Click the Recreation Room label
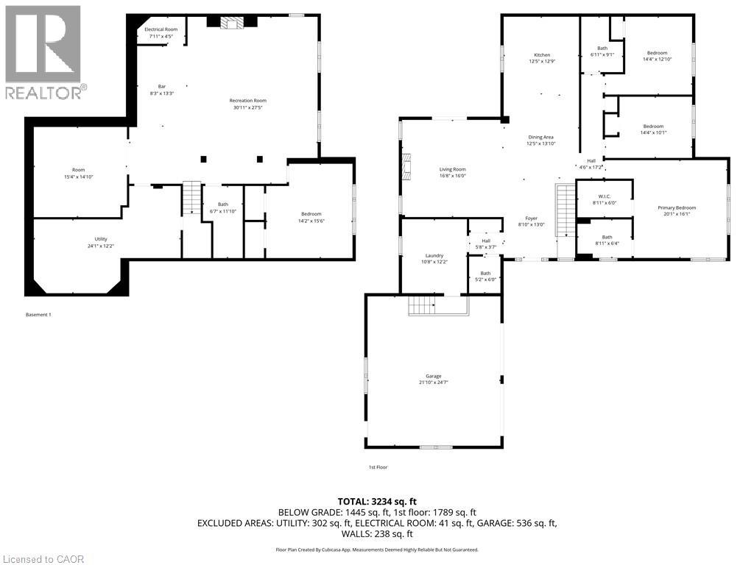click(247, 100)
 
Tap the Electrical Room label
click(161, 29)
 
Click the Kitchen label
click(542, 55)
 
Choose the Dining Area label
click(540, 137)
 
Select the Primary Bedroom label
click(676, 207)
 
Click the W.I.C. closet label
click(604, 196)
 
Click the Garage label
click(433, 376)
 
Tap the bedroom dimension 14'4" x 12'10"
click(657, 60)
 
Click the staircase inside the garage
click(423, 304)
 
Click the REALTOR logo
click(44, 51)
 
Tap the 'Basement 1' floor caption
click(38, 315)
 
